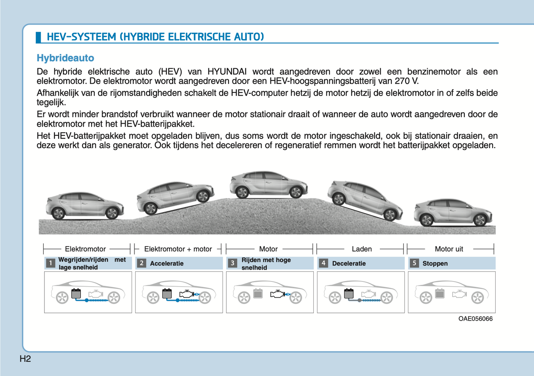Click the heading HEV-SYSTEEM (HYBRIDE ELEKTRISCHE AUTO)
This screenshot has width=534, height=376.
pos(155,37)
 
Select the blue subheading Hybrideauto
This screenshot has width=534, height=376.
pos(65,58)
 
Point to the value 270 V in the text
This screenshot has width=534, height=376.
pos(406,81)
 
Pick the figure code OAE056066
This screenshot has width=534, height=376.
pos(475,319)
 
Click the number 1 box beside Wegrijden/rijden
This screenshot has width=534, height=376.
pos(50,263)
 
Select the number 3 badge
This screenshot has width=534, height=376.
pos(232,263)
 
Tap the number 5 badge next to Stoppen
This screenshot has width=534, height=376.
pos(414,263)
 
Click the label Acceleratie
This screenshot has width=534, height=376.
pos(167,263)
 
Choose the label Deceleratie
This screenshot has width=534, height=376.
pos(349,263)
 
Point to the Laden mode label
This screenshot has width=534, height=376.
pos(361,249)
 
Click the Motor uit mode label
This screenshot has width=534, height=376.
pos(449,249)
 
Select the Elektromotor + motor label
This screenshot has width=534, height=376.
pos(178,249)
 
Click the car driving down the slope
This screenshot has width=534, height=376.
pos(365,199)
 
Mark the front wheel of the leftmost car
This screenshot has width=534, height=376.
pos(112,213)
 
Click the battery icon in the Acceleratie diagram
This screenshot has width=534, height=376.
pos(167,294)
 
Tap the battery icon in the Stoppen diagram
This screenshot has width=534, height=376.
pos(439,294)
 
